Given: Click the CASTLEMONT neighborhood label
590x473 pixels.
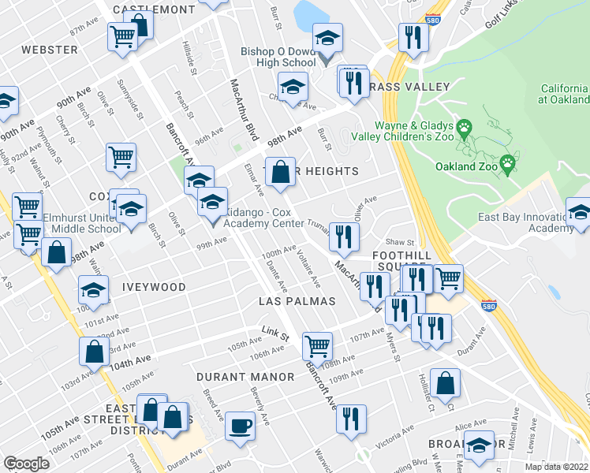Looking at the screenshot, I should (x=154, y=9).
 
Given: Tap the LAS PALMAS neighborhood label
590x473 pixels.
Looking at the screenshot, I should (x=297, y=301).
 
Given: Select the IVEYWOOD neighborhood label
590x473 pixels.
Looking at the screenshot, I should (x=154, y=287).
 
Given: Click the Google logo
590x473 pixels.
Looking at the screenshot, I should (x=26, y=464).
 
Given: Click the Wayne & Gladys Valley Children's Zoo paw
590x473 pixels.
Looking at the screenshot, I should (x=465, y=126).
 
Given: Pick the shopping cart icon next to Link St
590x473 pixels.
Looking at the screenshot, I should (x=317, y=345).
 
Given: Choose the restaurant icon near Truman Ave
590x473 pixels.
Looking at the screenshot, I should (x=344, y=236).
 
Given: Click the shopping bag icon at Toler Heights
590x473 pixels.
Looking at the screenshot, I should (x=280, y=171).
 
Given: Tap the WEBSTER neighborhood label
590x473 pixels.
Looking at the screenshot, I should (x=50, y=50).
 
